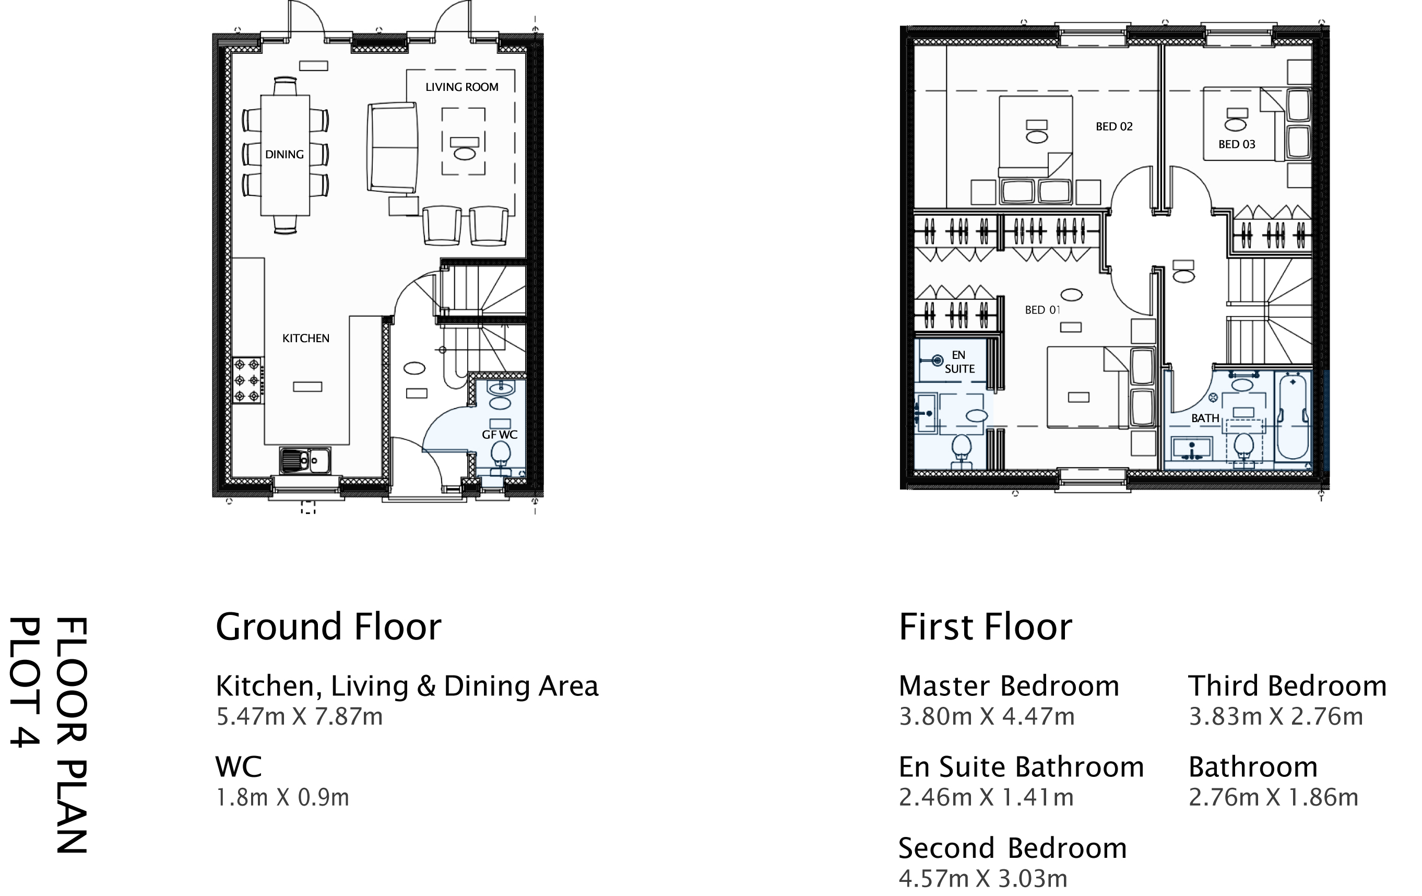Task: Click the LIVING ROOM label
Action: [462, 87]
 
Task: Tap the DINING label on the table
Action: [284, 154]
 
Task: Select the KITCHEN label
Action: [305, 338]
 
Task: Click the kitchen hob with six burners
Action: [247, 380]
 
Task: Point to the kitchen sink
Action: [305, 460]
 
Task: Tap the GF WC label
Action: [500, 434]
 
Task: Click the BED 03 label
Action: [1237, 144]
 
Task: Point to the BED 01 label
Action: [1041, 310]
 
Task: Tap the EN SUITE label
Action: [959, 362]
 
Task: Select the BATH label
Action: [1205, 418]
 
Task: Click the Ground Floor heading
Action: [328, 627]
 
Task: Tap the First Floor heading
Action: [985, 627]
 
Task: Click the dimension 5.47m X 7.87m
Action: [300, 716]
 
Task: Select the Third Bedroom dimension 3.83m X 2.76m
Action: [1275, 716]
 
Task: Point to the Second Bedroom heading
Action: [1012, 848]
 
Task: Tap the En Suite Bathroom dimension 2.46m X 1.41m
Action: [986, 797]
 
